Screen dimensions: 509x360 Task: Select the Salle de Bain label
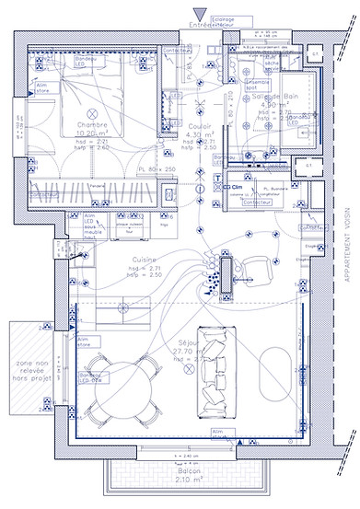[x=275, y=96]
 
